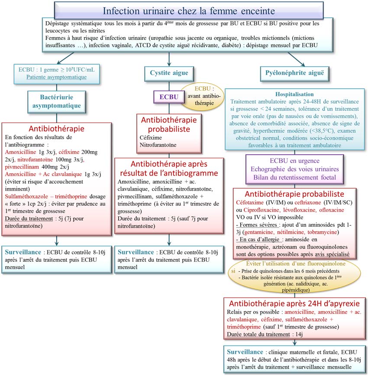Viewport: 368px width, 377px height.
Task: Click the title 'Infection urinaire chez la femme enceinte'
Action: pyautogui.click(x=188, y=10)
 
